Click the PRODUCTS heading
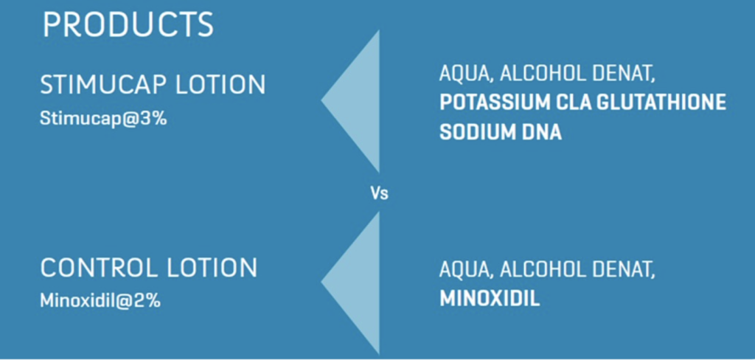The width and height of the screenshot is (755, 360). tap(128, 25)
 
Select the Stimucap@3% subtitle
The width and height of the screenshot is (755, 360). tap(103, 120)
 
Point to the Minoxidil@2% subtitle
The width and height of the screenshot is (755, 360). tap(100, 301)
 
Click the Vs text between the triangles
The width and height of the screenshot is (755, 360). tap(379, 194)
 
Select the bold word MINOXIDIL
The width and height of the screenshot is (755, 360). tap(490, 299)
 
